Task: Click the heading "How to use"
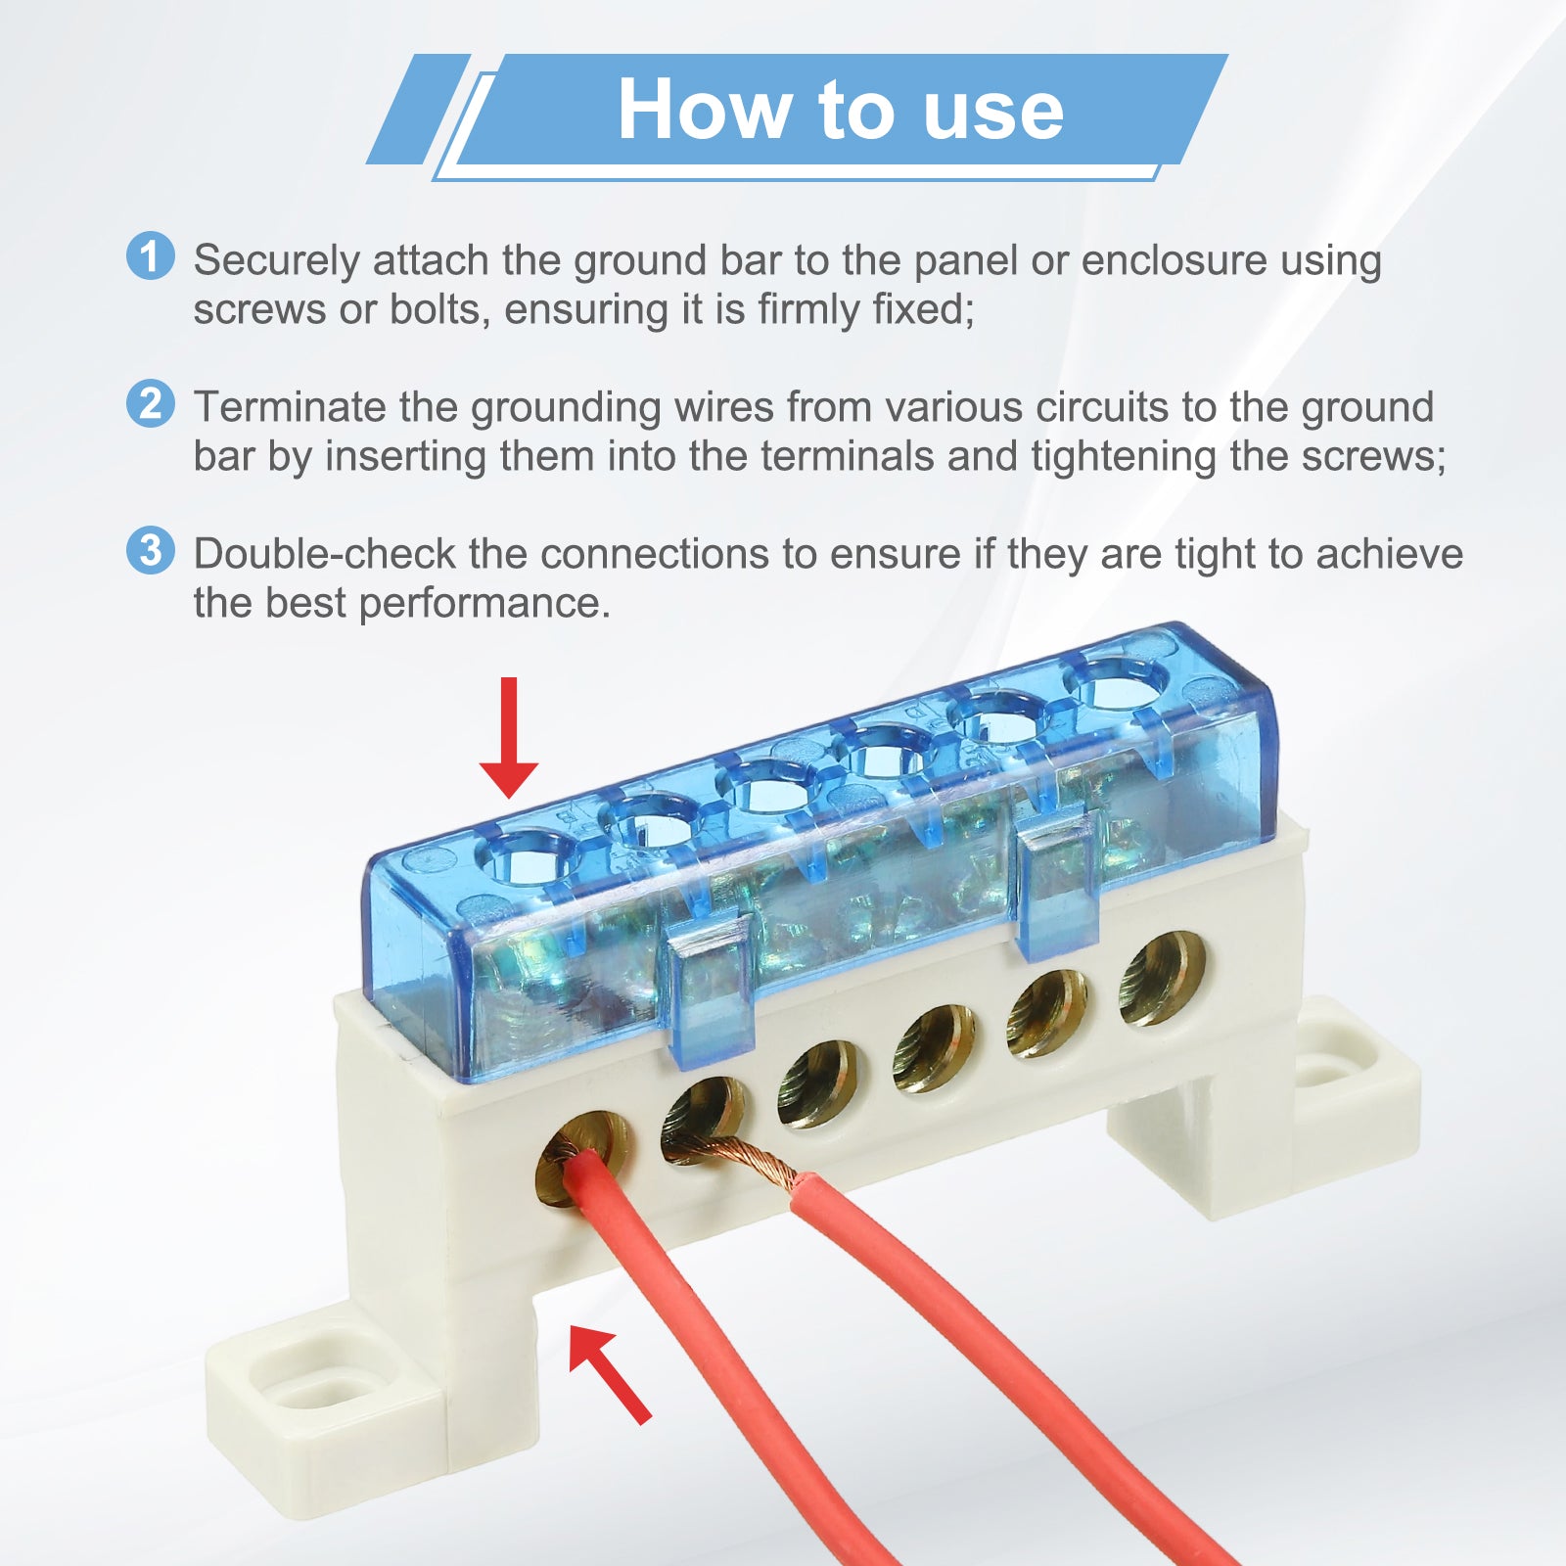tap(840, 110)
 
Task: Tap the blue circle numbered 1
tap(151, 256)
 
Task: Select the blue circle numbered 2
tap(151, 403)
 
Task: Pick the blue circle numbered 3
tap(151, 550)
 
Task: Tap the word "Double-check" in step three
tap(325, 554)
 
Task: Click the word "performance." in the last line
tap(484, 604)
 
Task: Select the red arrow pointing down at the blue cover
tap(508, 737)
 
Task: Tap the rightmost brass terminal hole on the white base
tap(1162, 979)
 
